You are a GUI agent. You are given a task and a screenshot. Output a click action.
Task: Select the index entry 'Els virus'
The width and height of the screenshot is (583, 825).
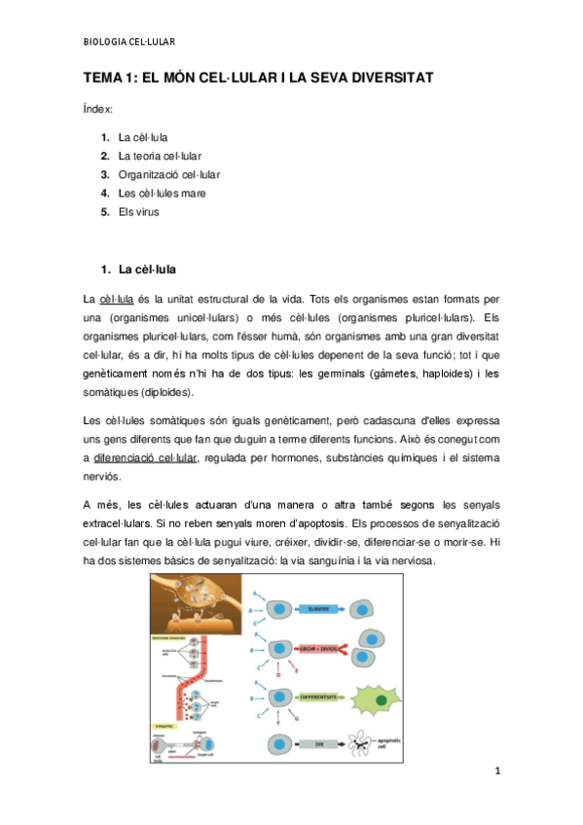coord(139,211)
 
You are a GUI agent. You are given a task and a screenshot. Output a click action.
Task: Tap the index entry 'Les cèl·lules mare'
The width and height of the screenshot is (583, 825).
coord(163,193)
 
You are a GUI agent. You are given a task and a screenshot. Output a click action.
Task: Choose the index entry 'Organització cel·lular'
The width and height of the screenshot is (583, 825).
coord(169,174)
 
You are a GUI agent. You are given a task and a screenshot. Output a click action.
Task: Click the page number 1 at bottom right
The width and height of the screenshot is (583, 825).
coord(496,771)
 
